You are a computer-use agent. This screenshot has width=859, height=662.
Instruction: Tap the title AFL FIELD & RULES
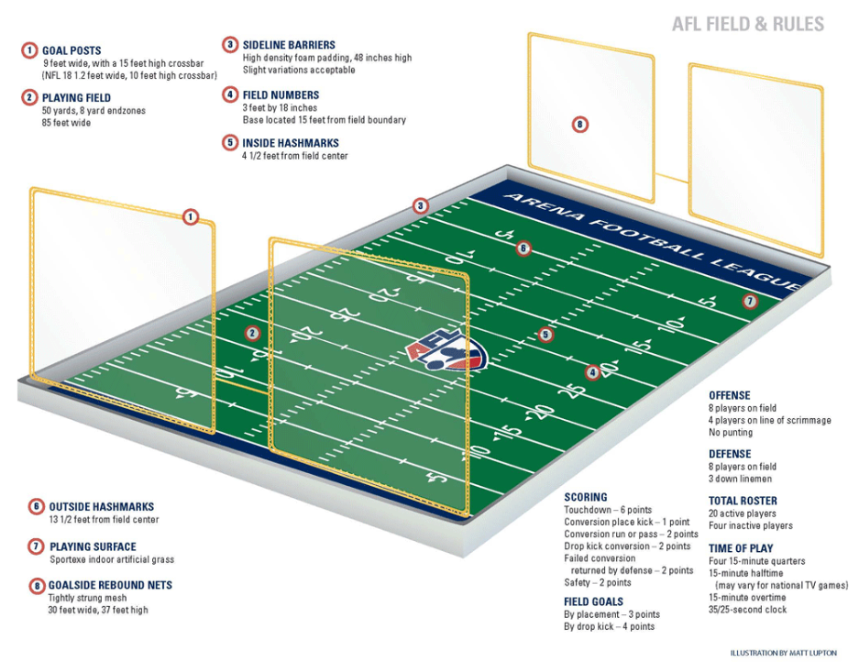(x=748, y=25)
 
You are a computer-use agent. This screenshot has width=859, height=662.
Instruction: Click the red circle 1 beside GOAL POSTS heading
(x=29, y=50)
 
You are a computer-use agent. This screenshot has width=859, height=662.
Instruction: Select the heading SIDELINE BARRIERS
(x=289, y=45)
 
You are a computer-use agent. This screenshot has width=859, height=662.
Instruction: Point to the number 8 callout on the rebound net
(x=579, y=125)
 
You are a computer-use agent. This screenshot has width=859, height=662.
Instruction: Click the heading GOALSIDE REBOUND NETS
(x=110, y=585)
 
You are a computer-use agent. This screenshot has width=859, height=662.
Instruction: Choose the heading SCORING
(x=585, y=497)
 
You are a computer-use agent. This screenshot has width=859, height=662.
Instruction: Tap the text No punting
(x=731, y=432)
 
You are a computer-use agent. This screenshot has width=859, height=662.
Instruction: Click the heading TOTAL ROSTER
(x=743, y=501)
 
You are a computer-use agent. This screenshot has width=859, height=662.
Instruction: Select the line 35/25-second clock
(x=747, y=609)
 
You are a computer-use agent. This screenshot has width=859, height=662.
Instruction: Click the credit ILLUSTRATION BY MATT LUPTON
(x=783, y=653)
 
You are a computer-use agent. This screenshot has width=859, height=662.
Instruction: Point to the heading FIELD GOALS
(x=593, y=601)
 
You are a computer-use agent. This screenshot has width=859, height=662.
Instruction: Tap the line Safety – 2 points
(x=597, y=582)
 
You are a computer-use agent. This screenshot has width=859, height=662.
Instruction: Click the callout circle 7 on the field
(x=749, y=301)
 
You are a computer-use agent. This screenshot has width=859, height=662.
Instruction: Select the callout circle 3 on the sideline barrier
(x=420, y=205)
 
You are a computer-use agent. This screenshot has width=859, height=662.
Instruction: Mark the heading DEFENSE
(x=730, y=454)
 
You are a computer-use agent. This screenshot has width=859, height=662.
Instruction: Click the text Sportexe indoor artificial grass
(x=111, y=559)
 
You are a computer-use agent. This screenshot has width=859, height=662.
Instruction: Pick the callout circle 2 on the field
(x=253, y=333)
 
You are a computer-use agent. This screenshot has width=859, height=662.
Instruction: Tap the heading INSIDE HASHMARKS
(x=291, y=143)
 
